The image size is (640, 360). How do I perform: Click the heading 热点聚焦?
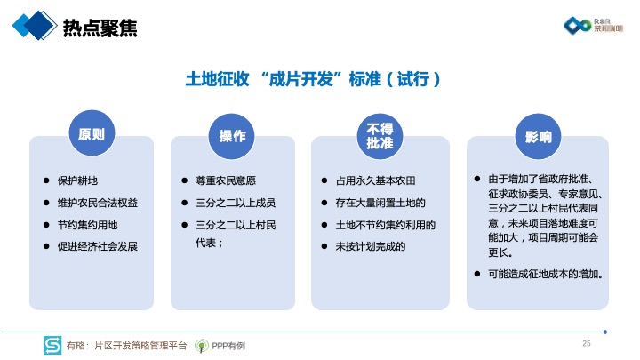coord(100,28)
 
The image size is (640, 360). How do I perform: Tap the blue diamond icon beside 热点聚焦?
coord(35,25)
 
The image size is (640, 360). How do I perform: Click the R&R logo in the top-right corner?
coord(593,25)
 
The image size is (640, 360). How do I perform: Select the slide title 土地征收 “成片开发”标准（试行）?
coord(313,79)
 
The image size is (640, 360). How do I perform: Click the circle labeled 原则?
coord(92,133)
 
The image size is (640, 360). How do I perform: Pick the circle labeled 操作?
coord(232,136)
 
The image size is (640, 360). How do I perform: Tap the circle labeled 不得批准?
coord(380,136)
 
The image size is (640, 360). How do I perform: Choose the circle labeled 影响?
coord(538,136)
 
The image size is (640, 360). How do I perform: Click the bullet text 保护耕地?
coord(77,180)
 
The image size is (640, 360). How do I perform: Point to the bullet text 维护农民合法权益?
coord(98,203)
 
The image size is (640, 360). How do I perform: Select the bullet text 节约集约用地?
coord(87,225)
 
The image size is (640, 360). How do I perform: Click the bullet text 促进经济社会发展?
coord(98,246)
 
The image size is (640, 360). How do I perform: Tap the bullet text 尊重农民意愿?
coord(226,180)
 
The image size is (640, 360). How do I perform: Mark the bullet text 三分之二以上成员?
coord(236,203)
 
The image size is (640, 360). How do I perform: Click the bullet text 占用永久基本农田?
coord(375,180)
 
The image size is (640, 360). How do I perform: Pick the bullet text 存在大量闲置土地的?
coord(380,203)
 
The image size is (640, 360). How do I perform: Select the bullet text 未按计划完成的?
coord(370,246)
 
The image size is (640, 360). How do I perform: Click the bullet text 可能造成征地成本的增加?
coord(545,274)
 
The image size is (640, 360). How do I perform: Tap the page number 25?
coord(587,343)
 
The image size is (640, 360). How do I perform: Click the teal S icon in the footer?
coord(52,345)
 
